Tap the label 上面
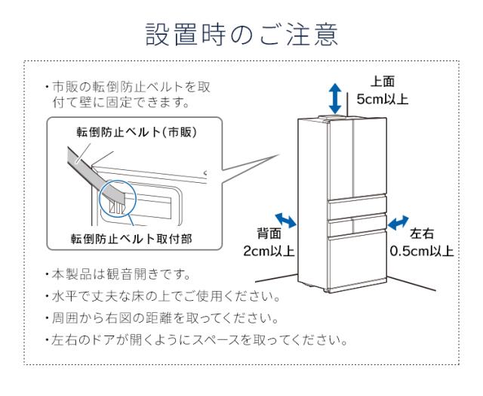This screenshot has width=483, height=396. pos(380,82)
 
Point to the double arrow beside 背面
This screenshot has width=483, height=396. pos(288,220)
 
